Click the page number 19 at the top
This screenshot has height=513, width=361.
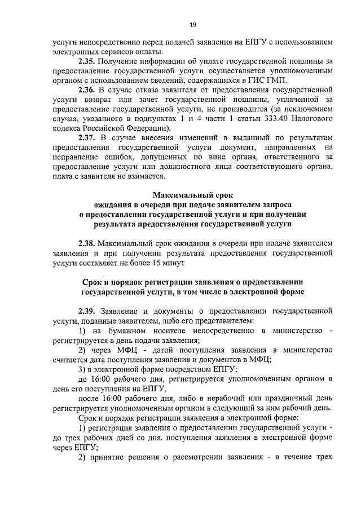192,24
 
